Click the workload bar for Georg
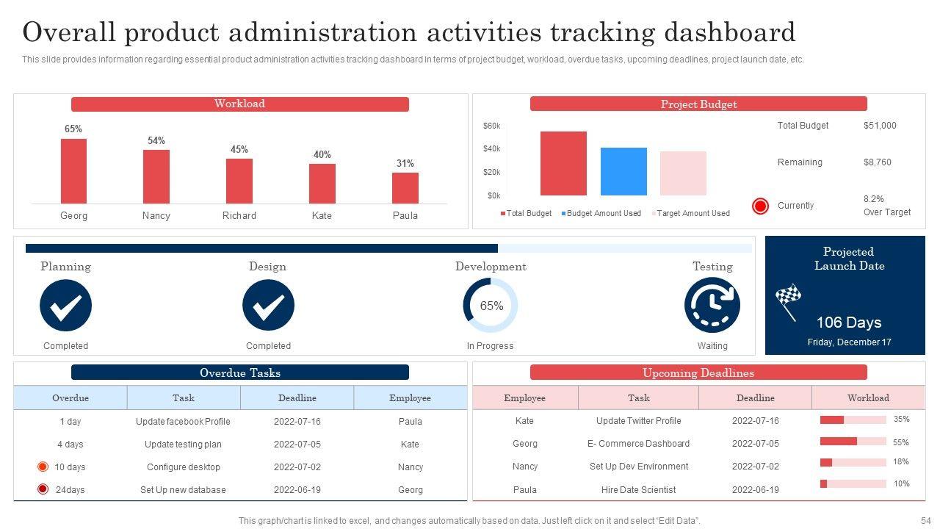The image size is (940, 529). click(73, 171)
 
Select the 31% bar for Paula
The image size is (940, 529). click(405, 188)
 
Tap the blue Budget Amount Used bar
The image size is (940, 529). click(623, 171)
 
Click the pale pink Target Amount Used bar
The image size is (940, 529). click(683, 173)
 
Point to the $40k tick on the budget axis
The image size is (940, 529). click(491, 149)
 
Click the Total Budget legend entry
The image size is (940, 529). click(526, 214)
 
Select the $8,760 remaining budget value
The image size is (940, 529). click(877, 162)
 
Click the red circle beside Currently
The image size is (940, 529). click(760, 206)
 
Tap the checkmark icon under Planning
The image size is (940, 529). click(65, 306)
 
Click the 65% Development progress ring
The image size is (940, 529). click(491, 306)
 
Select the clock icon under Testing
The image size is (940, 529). click(712, 306)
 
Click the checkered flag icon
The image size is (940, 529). click(787, 298)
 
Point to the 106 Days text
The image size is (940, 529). click(848, 323)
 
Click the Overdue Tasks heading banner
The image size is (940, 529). click(239, 373)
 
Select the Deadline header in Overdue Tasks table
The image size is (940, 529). click(297, 398)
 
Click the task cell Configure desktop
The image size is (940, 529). click(183, 467)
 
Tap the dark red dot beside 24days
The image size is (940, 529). click(43, 489)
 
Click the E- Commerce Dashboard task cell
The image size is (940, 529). click(638, 444)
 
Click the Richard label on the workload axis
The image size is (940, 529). click(239, 216)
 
